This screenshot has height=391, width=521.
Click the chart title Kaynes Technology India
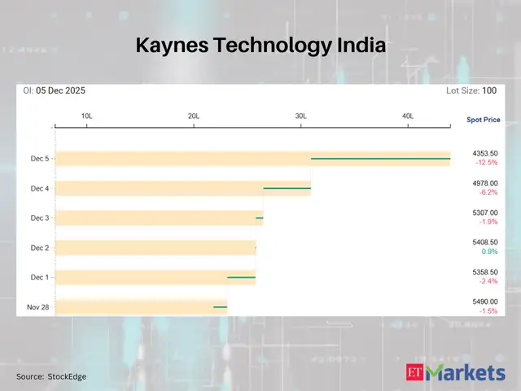point(260,46)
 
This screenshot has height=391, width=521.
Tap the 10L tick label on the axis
point(86,116)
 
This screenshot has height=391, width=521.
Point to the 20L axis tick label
point(194,116)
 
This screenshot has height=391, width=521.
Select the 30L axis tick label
point(300,116)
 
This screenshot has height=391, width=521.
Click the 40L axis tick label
point(408,116)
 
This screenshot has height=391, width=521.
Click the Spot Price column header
point(484,120)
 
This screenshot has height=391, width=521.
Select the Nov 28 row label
point(38,307)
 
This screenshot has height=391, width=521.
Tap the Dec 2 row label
point(40,248)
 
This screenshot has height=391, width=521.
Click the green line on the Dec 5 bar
point(380,158)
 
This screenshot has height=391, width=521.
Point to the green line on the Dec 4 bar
point(287,188)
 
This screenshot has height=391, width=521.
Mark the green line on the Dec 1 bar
point(241,277)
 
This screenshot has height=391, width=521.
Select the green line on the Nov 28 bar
point(220,307)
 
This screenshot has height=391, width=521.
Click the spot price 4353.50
point(485,153)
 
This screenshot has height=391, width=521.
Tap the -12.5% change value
point(487,163)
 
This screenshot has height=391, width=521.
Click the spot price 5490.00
point(485,301)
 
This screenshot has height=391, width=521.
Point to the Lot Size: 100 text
point(472,91)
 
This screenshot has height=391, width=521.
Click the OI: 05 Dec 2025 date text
point(55,91)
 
